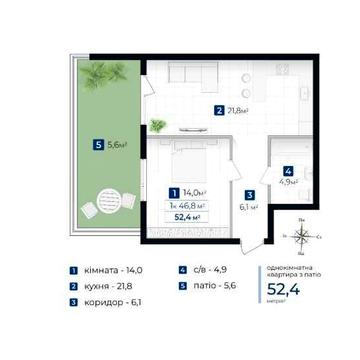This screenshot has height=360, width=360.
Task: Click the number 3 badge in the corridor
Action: [x=251, y=196]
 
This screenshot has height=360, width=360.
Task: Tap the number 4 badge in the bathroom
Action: [x=288, y=171]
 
